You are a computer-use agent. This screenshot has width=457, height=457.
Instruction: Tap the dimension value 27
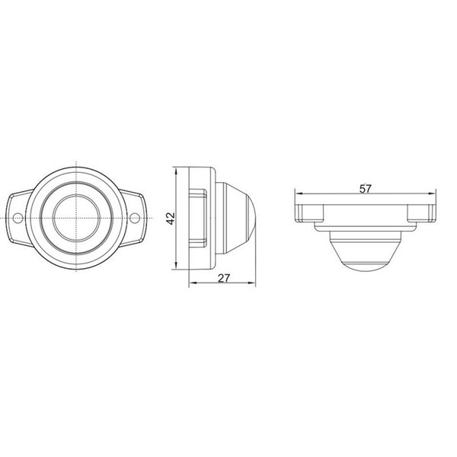pos(224,278)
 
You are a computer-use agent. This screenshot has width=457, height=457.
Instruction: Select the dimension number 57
pos(365,189)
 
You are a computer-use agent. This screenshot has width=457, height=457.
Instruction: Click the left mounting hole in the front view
pos(18,217)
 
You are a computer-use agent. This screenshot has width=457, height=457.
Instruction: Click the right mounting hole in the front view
pos(136,217)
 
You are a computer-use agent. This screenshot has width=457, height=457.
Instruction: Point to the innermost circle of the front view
pos(76,217)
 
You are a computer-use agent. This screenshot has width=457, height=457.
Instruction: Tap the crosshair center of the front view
pos(76,217)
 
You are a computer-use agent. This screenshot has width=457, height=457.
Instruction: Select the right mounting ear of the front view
pos(135,217)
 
